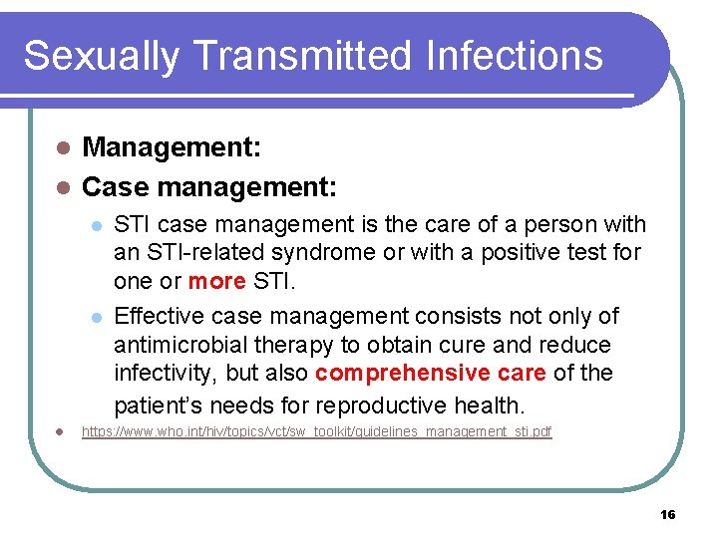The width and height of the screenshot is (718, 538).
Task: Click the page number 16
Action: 667,514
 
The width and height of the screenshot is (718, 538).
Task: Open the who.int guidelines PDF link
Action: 316,432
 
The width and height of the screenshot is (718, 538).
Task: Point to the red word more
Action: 216,281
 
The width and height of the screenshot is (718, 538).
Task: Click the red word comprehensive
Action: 416,374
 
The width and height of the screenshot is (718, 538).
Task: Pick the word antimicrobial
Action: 174,345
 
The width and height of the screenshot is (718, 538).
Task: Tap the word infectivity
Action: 163,374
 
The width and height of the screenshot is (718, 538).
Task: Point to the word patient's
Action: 161,405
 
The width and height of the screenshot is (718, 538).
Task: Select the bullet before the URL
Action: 62,432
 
